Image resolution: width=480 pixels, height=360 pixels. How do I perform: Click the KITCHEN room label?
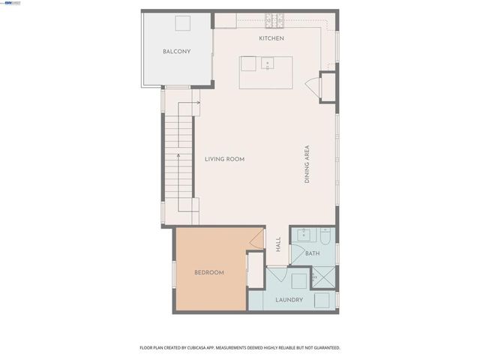[x=271, y=38]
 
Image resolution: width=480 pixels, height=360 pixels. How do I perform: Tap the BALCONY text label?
[x=177, y=52]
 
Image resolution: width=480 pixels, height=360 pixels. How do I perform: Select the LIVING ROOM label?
[x=225, y=159]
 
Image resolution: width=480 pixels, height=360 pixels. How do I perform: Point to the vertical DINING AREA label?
[x=307, y=165]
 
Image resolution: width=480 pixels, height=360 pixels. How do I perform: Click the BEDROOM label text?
[x=209, y=272]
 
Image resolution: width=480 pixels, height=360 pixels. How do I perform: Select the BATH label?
[x=312, y=254]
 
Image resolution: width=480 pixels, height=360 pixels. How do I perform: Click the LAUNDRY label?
[x=289, y=300]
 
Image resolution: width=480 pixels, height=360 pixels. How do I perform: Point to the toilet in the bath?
[x=326, y=236]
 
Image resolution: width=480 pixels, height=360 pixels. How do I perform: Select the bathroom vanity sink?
[x=303, y=234]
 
